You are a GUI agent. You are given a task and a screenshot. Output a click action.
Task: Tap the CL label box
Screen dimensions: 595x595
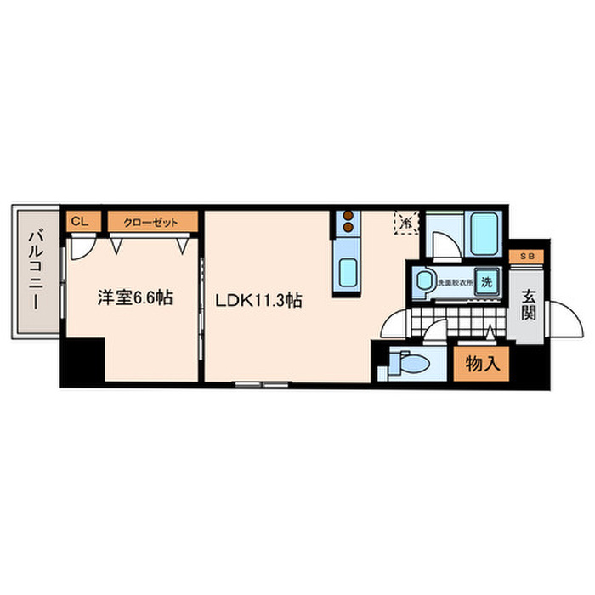[79, 222]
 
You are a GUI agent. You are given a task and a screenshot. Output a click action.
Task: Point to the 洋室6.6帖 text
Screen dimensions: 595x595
[135, 298]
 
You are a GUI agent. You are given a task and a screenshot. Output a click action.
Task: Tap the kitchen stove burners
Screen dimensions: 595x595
[348, 224]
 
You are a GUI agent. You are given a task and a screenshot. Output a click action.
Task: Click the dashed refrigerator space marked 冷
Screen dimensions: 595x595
[406, 222]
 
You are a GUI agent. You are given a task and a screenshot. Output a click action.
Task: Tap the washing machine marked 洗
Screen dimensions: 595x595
[487, 281]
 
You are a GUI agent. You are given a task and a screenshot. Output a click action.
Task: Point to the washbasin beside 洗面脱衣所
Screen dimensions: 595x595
[422, 281]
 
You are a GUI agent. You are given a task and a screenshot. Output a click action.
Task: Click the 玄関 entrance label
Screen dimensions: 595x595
[529, 303]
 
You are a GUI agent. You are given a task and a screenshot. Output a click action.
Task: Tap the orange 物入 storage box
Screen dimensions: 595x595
[481, 365]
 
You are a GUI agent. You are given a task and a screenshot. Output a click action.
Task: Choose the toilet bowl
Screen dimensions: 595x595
[411, 364]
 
